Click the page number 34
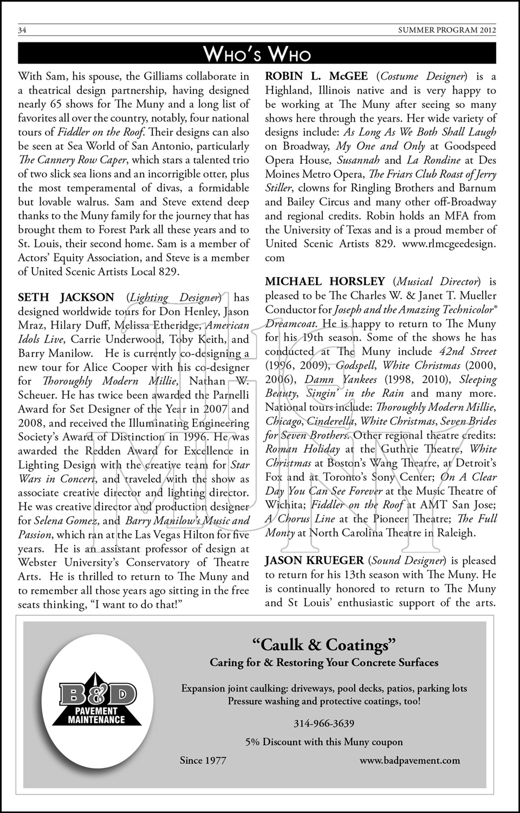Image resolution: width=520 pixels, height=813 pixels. coord(23,30)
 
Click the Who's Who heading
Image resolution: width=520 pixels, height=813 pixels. coord(257,54)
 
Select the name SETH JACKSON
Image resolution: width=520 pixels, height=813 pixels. coord(66,298)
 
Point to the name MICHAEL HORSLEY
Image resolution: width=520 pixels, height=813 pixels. coord(325,281)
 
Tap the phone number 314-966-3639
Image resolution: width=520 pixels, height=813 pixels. coord(324,724)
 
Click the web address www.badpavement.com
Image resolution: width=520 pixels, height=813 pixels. coord(409,760)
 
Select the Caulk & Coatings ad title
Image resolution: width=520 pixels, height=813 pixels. coord(324,645)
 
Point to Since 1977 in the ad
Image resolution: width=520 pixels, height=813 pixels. coord(203,760)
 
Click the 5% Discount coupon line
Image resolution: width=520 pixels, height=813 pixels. coord(324,742)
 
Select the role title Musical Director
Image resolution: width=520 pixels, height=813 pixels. coord(438,281)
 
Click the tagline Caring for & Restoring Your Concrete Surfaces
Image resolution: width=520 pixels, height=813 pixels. coord(324,663)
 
